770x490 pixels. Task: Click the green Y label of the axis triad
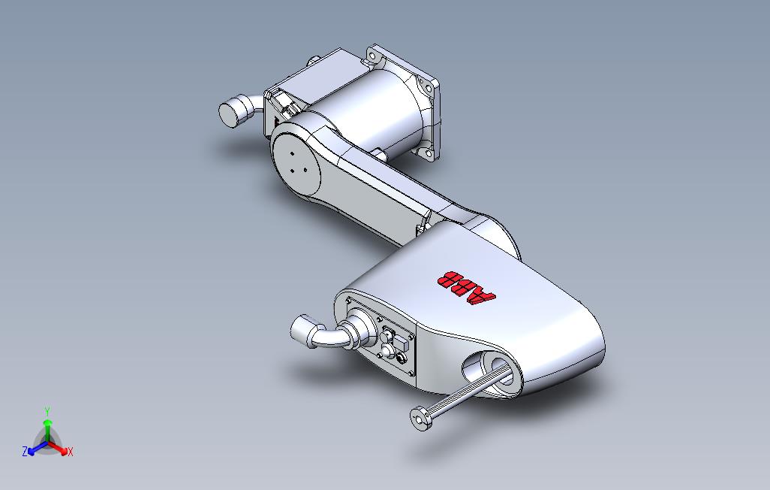tap(47, 411)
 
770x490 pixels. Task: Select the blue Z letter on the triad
tap(25, 452)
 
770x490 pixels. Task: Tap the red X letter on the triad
tap(70, 452)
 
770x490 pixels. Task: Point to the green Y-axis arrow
tap(47, 428)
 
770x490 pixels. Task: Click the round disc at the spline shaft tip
tap(420, 418)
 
